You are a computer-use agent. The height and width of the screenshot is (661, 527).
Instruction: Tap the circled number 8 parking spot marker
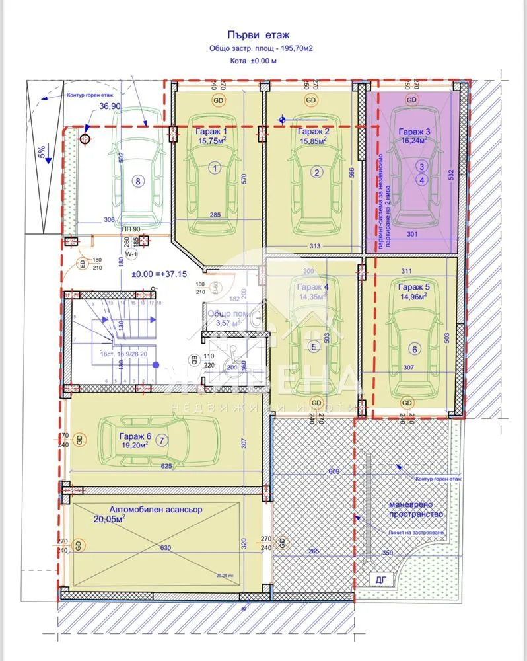pos(137,180)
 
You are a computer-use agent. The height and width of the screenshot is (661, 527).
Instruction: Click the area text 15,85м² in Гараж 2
pos(314,141)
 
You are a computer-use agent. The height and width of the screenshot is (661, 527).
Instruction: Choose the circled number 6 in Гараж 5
pos(415,349)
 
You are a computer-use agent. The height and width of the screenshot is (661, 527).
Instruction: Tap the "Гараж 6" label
pos(135,436)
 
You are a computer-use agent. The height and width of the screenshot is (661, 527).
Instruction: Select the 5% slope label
pos(42,153)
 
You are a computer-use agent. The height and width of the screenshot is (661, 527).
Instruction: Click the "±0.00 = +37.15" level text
pos(159,274)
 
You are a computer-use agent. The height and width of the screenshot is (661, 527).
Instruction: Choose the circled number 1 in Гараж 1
pos(214,169)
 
